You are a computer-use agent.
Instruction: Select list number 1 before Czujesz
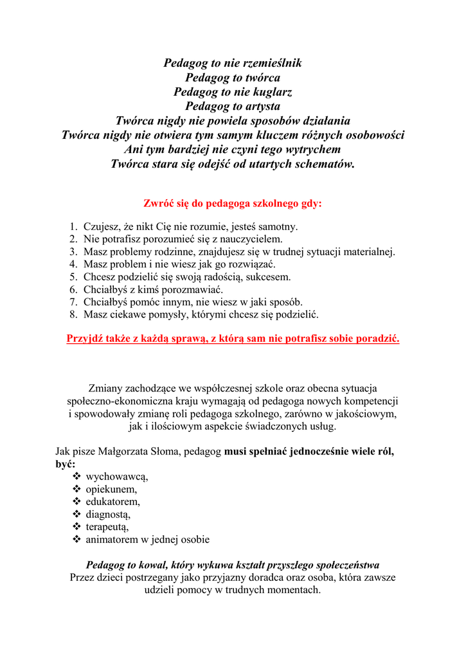coord(73,227)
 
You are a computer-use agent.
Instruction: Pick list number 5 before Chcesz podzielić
coord(73,277)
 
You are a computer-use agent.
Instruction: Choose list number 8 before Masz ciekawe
coord(73,315)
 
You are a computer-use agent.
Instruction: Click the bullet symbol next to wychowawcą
coord(76,477)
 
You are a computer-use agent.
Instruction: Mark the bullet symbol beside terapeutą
coord(76,527)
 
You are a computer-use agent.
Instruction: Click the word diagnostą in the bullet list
coord(108,515)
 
